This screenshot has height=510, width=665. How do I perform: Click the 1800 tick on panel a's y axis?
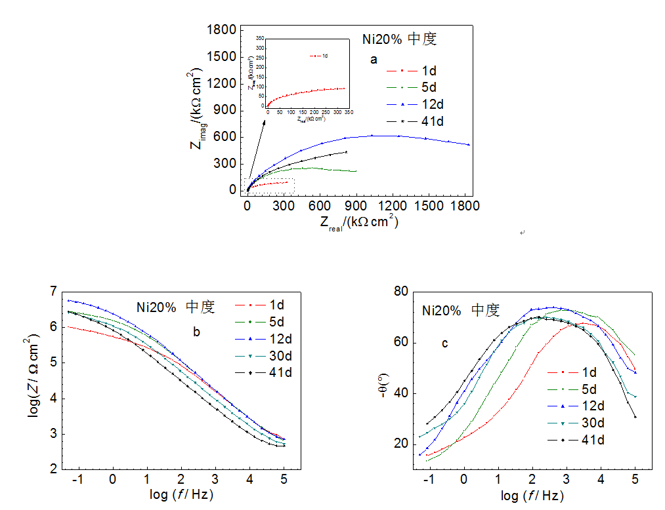[222, 30]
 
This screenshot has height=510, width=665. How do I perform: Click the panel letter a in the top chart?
[374, 60]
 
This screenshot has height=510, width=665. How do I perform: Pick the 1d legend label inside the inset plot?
[325, 56]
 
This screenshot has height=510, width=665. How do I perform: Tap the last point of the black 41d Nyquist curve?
[346, 152]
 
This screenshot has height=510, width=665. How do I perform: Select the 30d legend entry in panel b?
[279, 356]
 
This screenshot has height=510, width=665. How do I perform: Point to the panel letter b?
[196, 332]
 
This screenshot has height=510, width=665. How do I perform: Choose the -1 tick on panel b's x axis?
[79, 480]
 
